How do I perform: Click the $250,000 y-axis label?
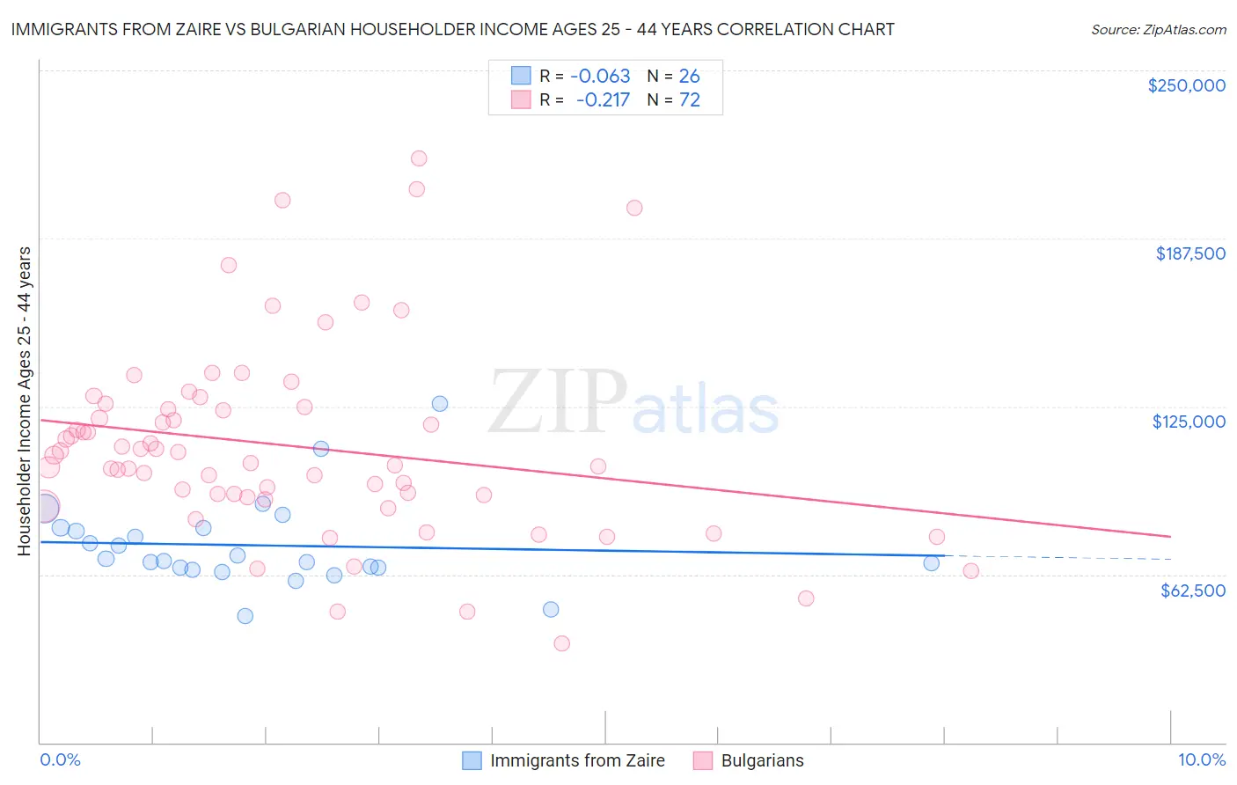1186,85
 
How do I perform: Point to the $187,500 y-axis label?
1189,253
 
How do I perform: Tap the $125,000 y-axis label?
1189,422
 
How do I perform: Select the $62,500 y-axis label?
1192,591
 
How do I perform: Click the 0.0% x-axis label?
60,759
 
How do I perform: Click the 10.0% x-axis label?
1201,759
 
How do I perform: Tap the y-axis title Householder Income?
24,400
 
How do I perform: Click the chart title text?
452,29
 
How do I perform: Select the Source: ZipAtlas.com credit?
1158,30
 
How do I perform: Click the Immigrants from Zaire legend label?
577,760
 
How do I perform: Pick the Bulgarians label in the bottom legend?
762,760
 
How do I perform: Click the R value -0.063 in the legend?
600,77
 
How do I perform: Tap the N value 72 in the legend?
690,100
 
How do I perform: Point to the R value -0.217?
603,100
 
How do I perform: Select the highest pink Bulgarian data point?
419,158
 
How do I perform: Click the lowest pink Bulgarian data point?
561,643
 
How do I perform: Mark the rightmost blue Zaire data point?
931,563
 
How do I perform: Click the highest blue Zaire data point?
440,404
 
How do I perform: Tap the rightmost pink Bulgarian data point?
970,571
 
